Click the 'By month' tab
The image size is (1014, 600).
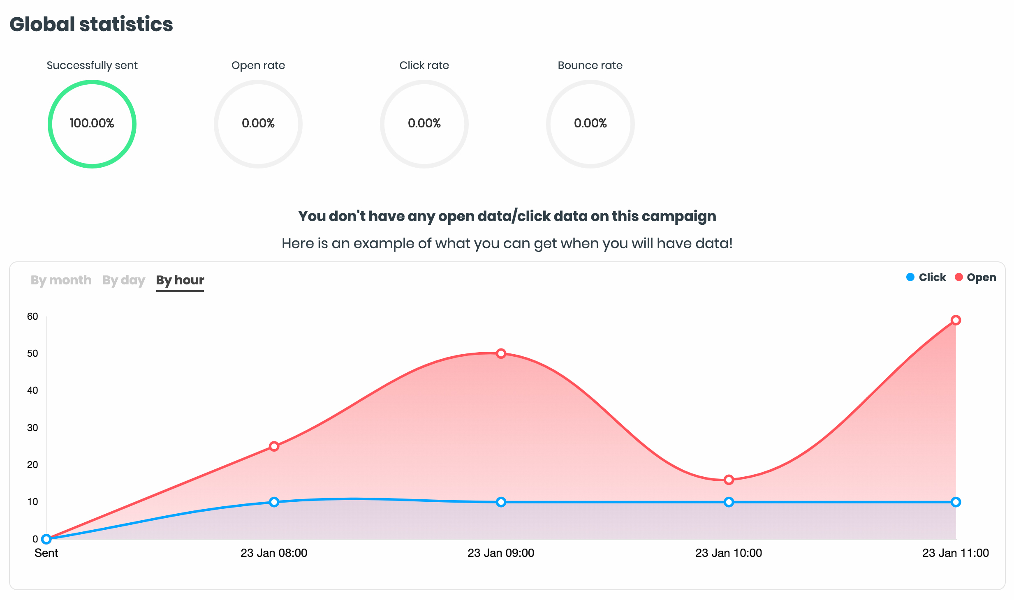point(61,280)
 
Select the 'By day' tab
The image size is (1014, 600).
point(123,280)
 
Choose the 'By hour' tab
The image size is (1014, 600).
point(180,280)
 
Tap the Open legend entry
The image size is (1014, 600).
point(975,277)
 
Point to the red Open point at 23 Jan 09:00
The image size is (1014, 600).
point(501,353)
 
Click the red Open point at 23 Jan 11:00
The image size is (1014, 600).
point(956,320)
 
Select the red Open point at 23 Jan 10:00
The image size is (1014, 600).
point(729,480)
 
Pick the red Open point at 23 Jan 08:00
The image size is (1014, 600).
point(274,446)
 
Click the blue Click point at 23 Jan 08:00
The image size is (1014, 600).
point(274,502)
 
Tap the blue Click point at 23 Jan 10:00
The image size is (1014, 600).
point(729,502)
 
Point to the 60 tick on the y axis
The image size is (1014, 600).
point(32,316)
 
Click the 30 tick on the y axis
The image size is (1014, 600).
point(32,428)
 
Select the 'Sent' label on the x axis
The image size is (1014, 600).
point(46,553)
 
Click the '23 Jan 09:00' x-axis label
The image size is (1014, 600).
point(501,553)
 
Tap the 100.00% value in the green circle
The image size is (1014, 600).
point(92,123)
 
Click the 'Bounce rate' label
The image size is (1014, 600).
point(590,65)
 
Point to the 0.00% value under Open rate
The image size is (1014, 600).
point(258,123)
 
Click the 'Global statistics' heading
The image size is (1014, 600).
point(91,24)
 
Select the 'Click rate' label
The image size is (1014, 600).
point(424,65)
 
